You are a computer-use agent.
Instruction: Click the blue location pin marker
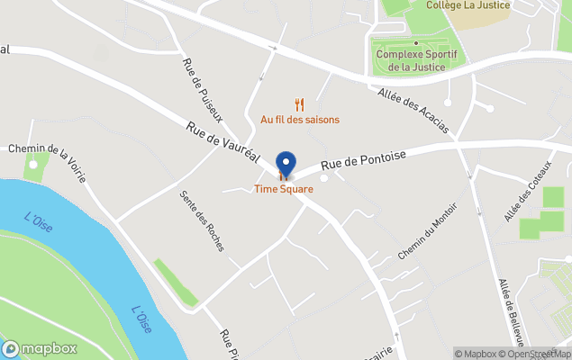(286, 165)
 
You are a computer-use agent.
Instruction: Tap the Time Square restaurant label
(284, 189)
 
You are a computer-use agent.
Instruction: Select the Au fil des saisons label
(300, 119)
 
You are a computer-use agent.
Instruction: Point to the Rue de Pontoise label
(364, 159)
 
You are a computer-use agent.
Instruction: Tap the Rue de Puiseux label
(203, 91)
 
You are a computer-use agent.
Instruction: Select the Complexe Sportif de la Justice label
(416, 59)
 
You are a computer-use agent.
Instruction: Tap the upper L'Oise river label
(38, 220)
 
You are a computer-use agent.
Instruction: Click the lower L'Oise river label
(141, 320)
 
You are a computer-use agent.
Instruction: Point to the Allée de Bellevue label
(511, 311)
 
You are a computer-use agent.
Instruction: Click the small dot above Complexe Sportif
(416, 42)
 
